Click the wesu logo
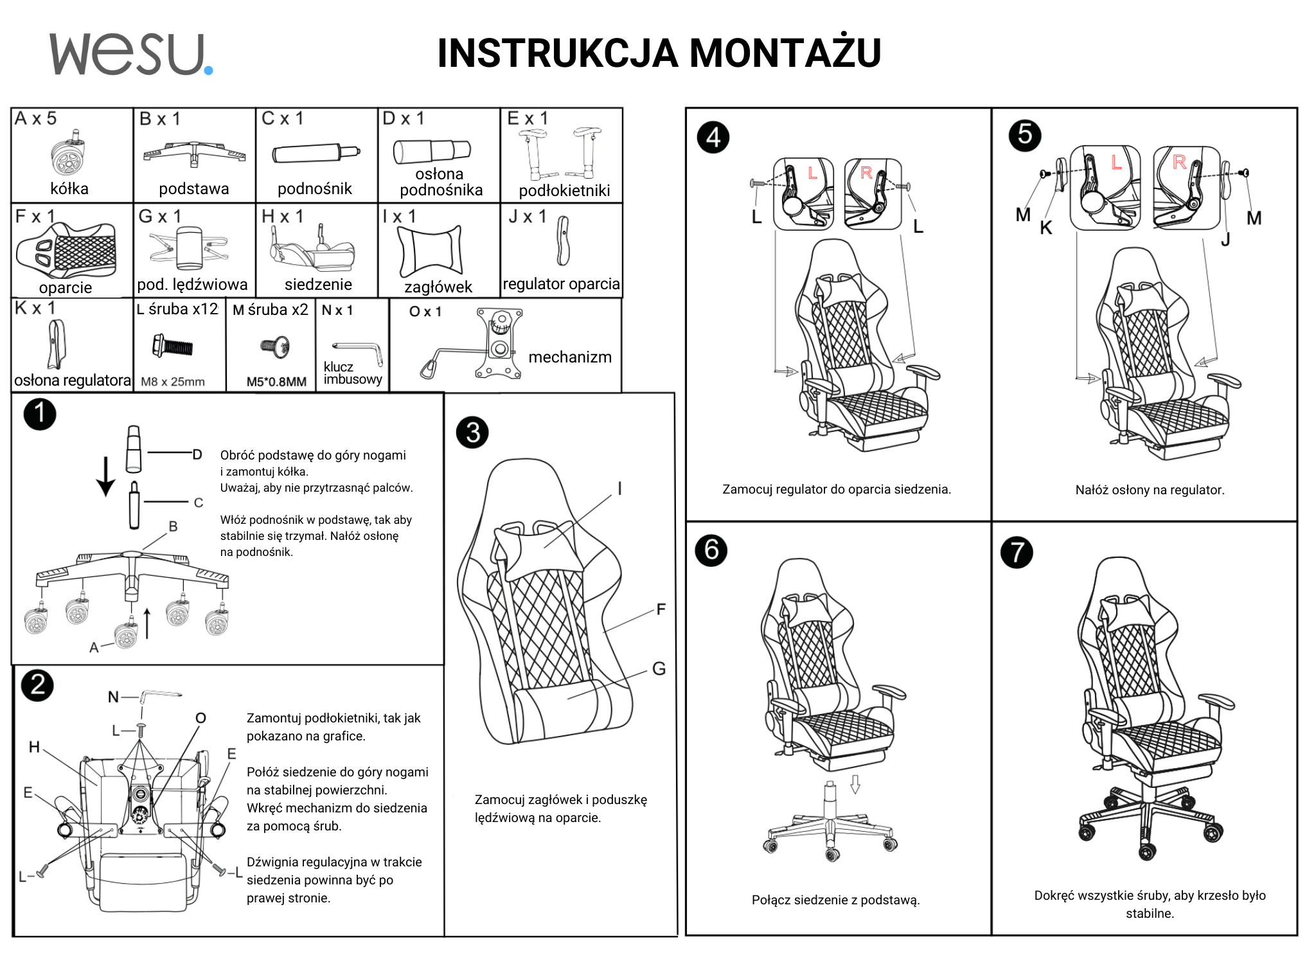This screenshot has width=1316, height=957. click(x=130, y=55)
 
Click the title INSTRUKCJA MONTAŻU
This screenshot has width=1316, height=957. click(x=659, y=53)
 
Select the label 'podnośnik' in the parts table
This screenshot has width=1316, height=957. click(x=314, y=189)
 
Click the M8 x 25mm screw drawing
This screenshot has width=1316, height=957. click(x=172, y=346)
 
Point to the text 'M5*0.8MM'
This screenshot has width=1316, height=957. click(x=276, y=382)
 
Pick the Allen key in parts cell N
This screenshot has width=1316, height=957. click(x=359, y=350)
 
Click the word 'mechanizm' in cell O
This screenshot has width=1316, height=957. click(x=569, y=357)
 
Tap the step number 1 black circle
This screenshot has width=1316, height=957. click(x=40, y=414)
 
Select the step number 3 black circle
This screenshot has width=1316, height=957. click(x=472, y=433)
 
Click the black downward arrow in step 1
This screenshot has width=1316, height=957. click(x=105, y=476)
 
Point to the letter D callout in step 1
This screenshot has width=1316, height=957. click(x=197, y=455)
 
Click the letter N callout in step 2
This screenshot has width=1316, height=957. click(x=113, y=697)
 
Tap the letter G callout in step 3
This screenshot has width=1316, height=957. click(x=659, y=669)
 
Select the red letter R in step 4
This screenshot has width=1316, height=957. click(x=866, y=173)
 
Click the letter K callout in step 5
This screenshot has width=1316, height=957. click(x=1045, y=228)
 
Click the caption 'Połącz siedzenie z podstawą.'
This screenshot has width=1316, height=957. click(x=835, y=900)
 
